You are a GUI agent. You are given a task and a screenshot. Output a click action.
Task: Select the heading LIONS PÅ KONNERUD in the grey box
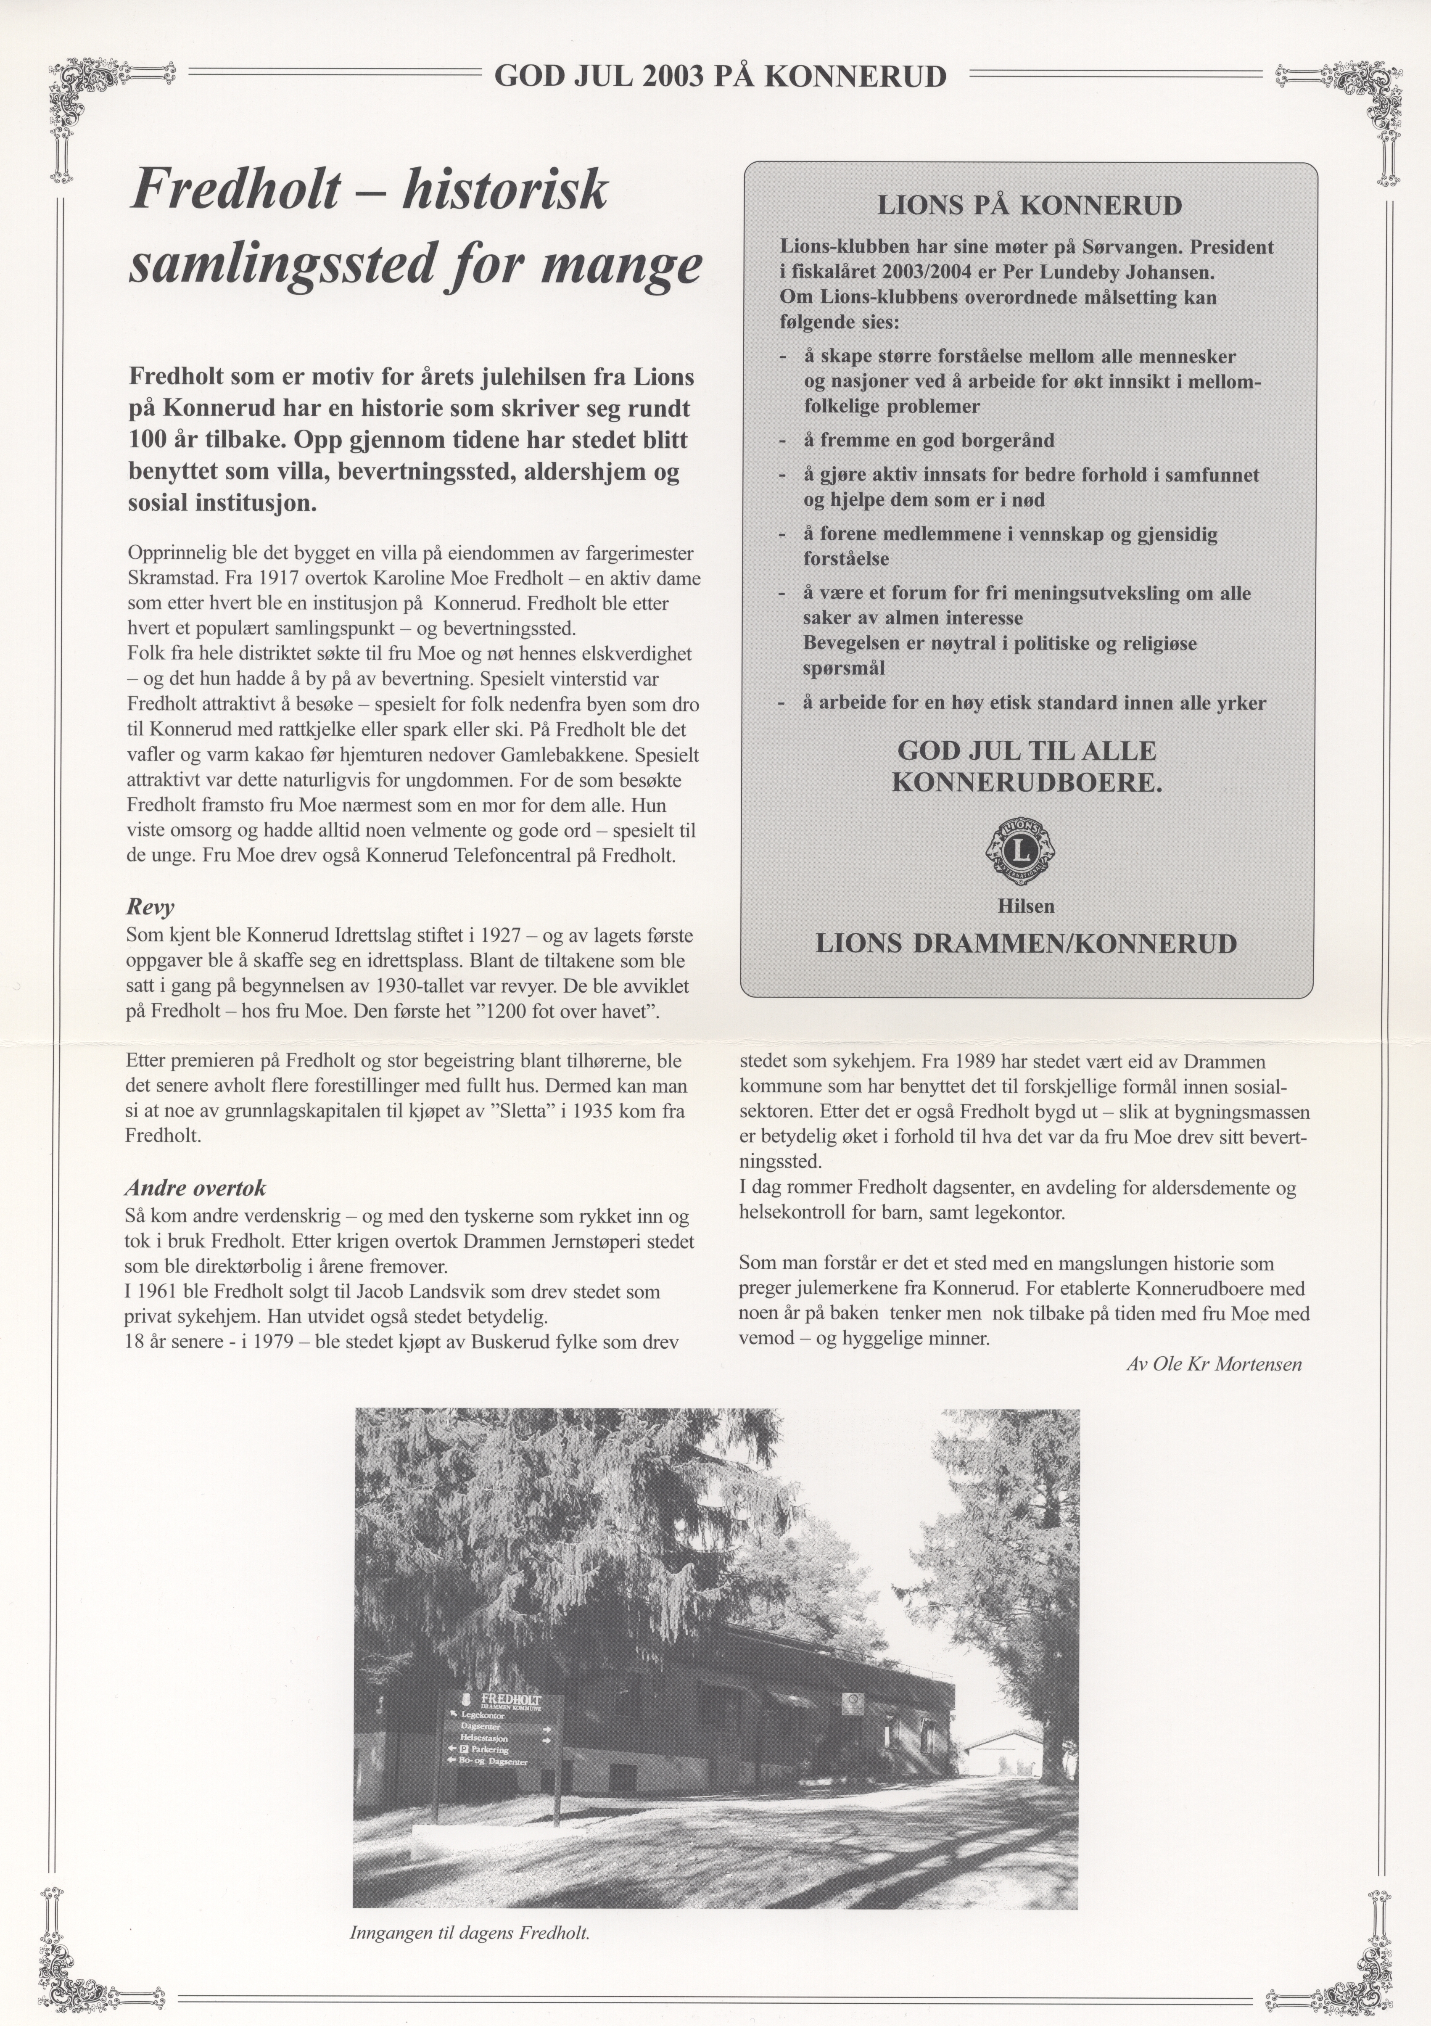click(x=1029, y=206)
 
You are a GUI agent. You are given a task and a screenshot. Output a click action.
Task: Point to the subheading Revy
click(x=150, y=908)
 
